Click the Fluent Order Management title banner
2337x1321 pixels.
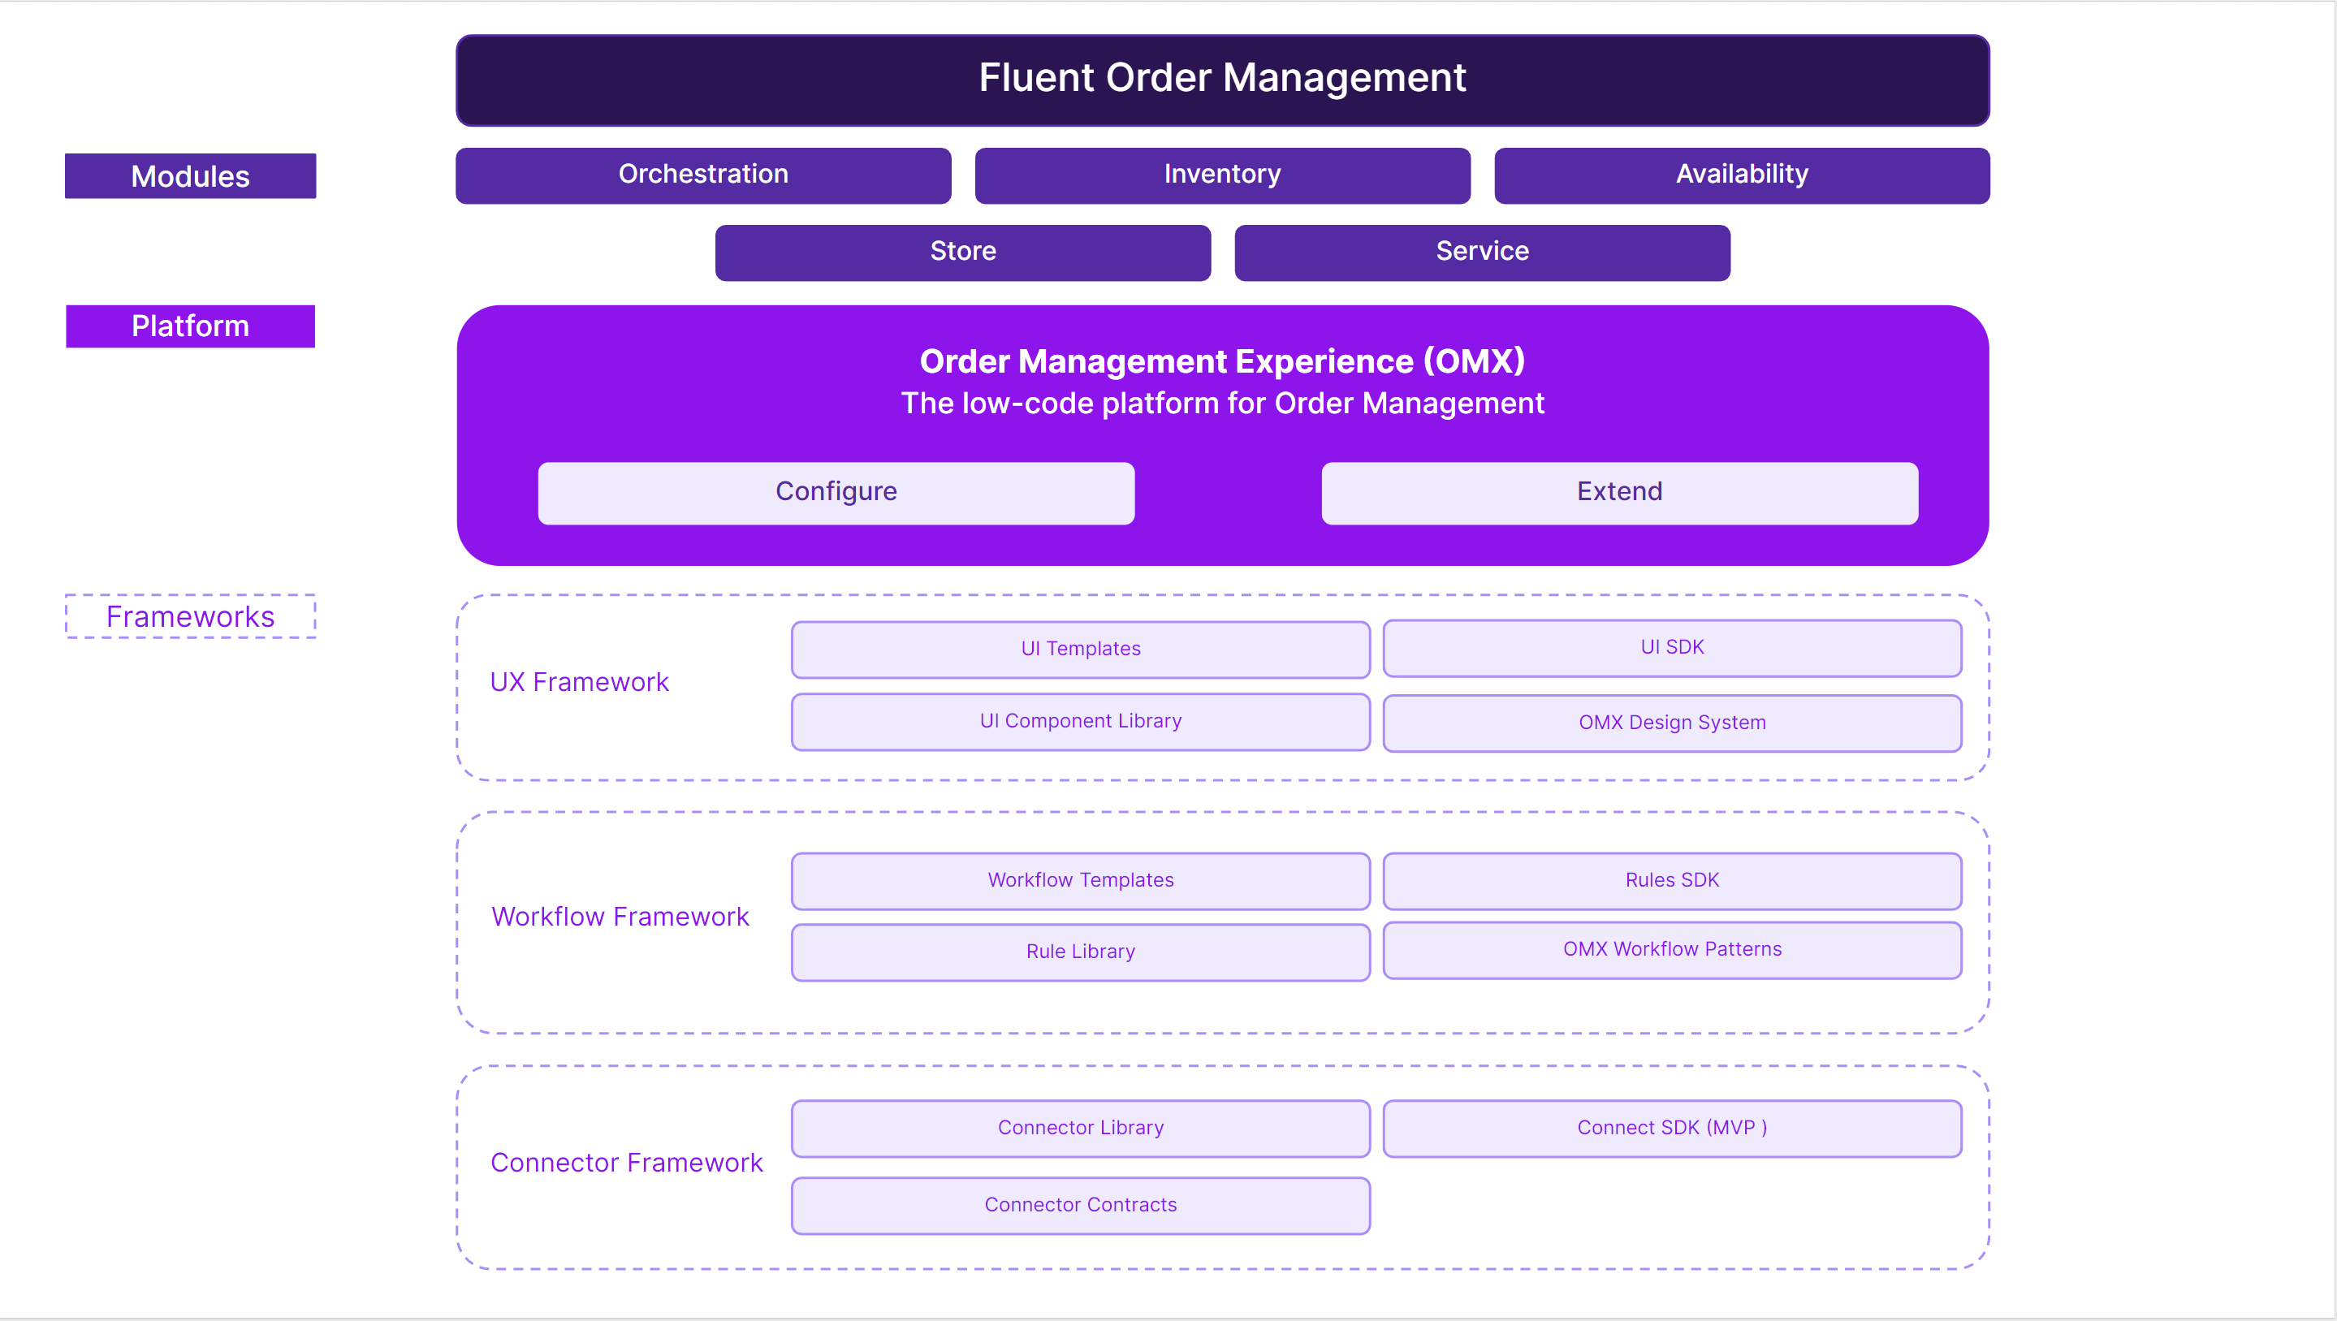point(1222,80)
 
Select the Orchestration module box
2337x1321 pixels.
point(703,175)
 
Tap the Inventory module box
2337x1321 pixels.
point(1222,175)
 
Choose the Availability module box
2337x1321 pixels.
point(1741,175)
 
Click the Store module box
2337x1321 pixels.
point(962,253)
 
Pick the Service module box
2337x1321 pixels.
point(1481,253)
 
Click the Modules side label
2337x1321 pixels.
point(191,176)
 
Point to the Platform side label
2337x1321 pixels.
point(191,326)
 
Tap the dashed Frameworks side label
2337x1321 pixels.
point(191,617)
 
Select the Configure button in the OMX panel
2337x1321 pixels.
point(836,493)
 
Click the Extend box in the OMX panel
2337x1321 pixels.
point(1619,493)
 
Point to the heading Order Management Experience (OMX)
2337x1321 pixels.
point(1222,361)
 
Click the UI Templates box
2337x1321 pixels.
point(1080,650)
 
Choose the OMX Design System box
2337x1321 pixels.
point(1671,723)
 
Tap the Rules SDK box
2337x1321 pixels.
point(1671,881)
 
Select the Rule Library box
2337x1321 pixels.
point(1080,952)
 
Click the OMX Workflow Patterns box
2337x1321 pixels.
point(1671,950)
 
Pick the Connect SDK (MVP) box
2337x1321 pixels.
point(1671,1128)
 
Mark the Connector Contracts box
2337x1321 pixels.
point(1080,1205)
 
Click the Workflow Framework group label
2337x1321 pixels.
point(620,917)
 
